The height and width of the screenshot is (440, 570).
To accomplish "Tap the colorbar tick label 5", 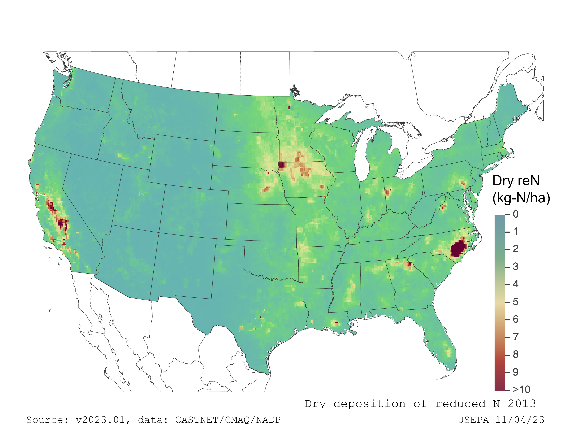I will (x=515, y=302).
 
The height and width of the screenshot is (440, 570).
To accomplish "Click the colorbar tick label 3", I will (x=515, y=267).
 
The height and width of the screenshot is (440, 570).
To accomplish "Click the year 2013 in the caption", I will (x=522, y=404).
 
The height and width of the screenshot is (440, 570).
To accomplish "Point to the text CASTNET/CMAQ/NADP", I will (x=228, y=420).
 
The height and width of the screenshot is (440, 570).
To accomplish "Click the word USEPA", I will (x=473, y=420).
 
